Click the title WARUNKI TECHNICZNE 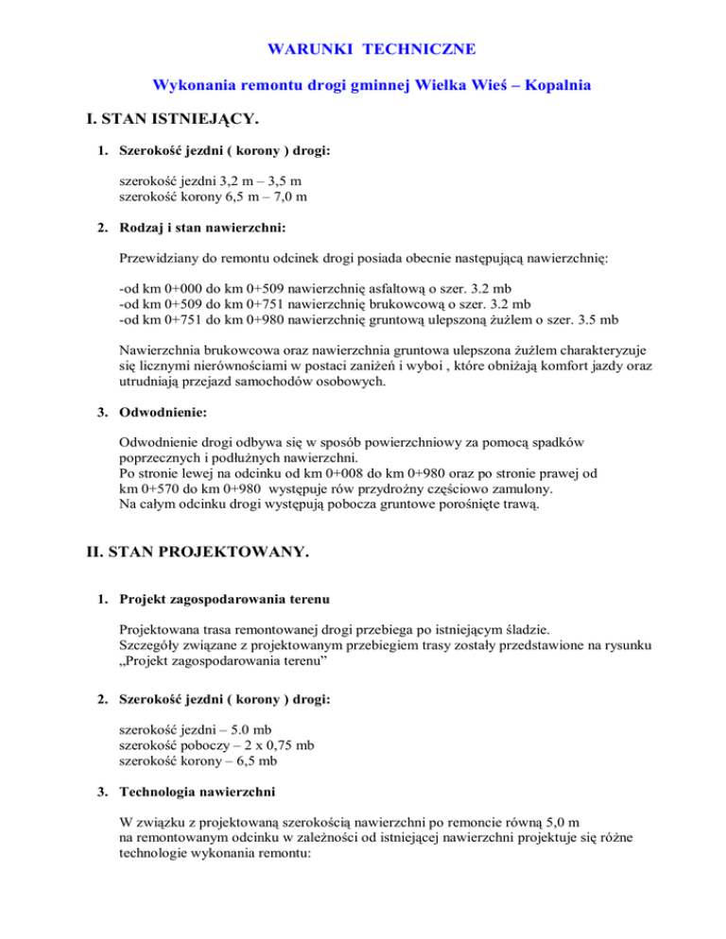(363, 47)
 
